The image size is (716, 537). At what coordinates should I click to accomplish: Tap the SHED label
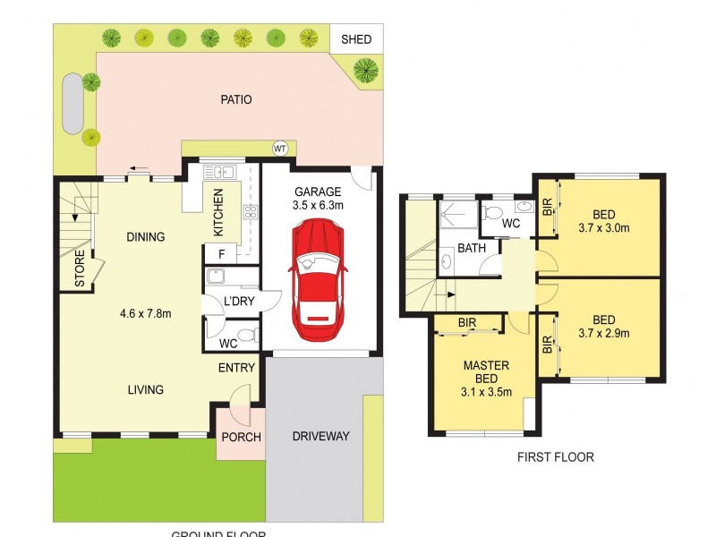[356, 39]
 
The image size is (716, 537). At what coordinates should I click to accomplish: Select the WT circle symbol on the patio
[279, 148]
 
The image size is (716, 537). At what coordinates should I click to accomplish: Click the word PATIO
[236, 99]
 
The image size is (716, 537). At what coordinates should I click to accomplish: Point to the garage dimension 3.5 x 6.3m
[318, 205]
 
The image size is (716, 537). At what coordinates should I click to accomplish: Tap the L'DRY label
[240, 302]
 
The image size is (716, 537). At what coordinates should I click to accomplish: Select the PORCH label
[241, 438]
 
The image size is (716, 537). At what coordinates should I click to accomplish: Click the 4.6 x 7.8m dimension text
[145, 313]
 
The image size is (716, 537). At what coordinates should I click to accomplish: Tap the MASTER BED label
[486, 372]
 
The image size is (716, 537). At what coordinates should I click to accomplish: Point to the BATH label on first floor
[471, 248]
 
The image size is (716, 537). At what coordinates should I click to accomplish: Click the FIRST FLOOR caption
[555, 457]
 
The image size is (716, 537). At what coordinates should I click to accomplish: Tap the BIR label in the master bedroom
[466, 322]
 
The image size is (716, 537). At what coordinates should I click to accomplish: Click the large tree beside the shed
[365, 69]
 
